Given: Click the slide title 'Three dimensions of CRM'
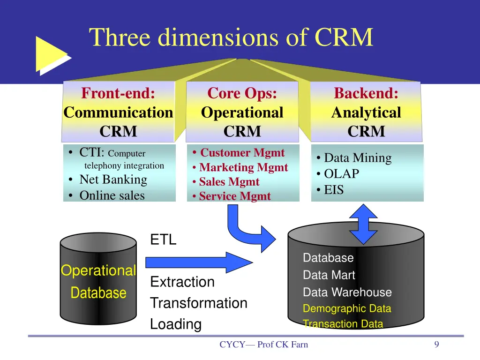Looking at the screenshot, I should pos(231,37).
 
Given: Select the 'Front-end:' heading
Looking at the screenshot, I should pos(118,93).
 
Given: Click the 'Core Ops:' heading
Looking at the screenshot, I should pos(242,93).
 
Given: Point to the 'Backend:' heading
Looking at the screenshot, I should pos(366,93).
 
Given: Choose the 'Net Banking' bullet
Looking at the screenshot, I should pos(113,180).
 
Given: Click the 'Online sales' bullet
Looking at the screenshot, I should pos(112,195).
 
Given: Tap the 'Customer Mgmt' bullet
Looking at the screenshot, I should pos(242,152).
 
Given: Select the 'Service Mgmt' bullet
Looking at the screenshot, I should pos(234,196).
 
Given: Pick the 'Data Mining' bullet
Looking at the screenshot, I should pos(357,158).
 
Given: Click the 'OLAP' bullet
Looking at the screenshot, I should pos(341,174).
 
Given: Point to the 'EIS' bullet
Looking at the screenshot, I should pos(333,190).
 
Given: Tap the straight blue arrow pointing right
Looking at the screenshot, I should pos(199,262).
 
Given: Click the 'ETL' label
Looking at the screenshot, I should pos(163,240).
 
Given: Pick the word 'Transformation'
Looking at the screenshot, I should pos(198,303).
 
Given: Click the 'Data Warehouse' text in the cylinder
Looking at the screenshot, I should pos(347,292).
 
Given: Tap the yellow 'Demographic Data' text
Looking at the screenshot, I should pos(346,308).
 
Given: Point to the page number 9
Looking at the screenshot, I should pos(436,345).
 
